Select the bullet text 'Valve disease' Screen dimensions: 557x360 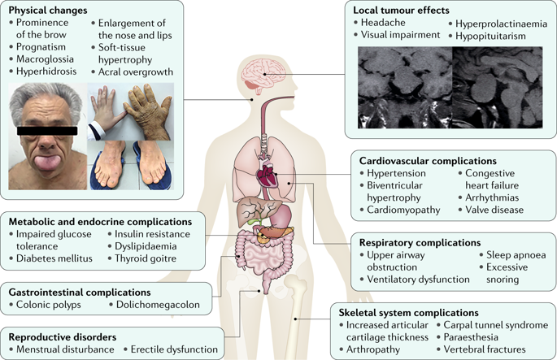point(496,210)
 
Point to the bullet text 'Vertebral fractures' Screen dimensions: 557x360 point(494,349)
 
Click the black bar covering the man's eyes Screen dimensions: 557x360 point(46,130)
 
